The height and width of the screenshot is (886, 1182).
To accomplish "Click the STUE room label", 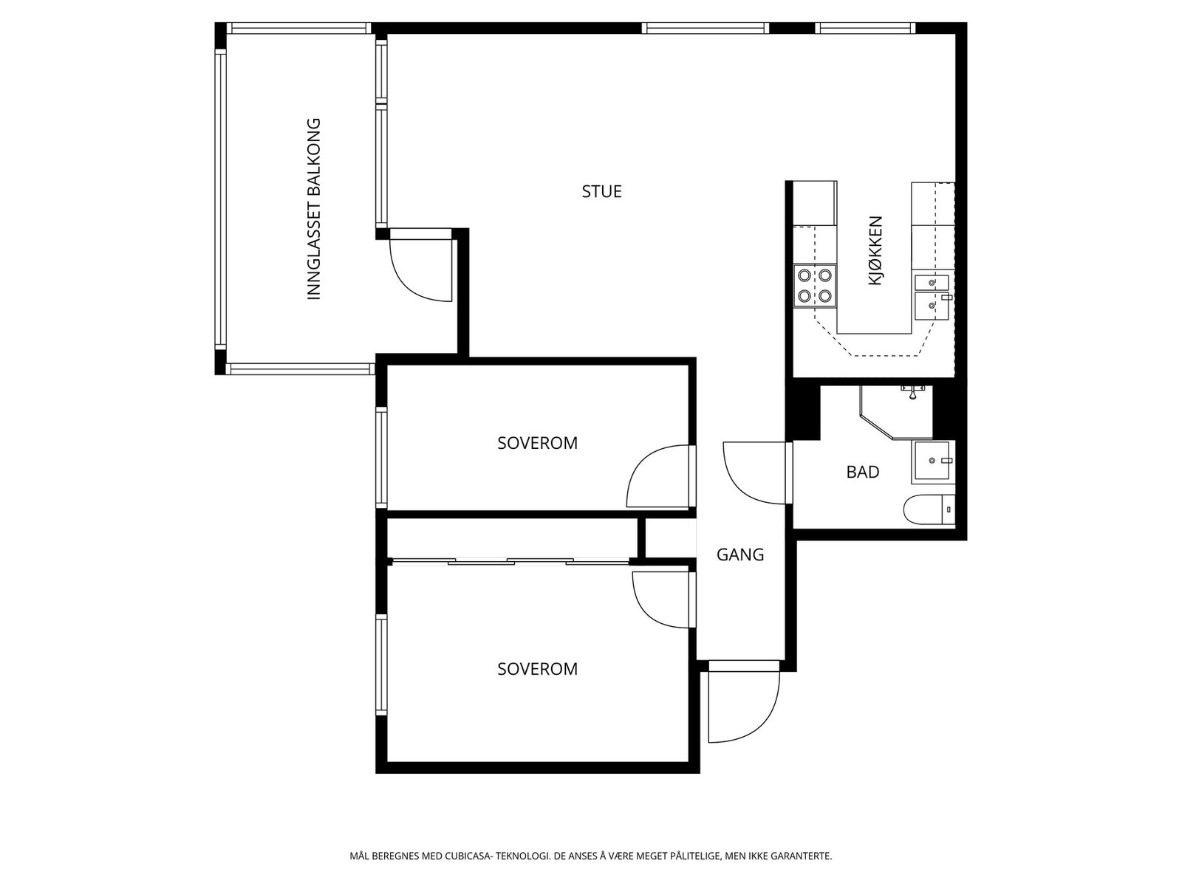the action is (x=601, y=191).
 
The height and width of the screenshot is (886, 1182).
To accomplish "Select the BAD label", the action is (x=863, y=472).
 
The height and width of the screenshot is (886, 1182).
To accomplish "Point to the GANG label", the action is (x=740, y=554).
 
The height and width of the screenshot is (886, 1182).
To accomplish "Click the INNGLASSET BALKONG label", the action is (x=313, y=209).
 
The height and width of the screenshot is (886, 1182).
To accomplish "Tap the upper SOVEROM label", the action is (x=537, y=443).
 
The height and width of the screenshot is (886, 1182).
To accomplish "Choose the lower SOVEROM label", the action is (x=537, y=669).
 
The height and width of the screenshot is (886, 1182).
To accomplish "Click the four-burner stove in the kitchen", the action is (x=815, y=286).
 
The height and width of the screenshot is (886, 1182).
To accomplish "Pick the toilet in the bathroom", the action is (x=929, y=509).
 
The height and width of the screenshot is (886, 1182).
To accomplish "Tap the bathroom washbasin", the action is (x=933, y=461).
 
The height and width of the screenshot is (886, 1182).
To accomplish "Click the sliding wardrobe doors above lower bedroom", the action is (x=510, y=562).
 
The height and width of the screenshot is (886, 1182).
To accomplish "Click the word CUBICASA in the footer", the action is (x=468, y=855).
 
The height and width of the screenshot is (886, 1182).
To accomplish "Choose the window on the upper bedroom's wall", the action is (x=381, y=457).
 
